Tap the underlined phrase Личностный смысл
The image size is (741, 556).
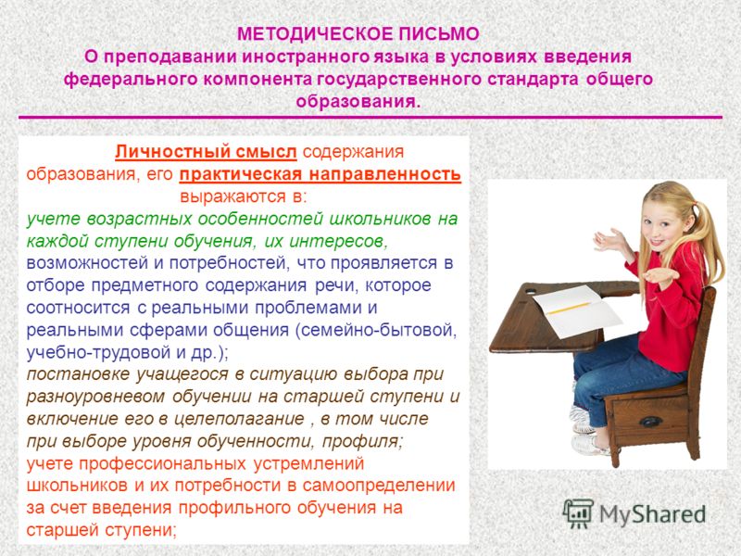tap(206, 152)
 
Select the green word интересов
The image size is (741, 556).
tap(338, 241)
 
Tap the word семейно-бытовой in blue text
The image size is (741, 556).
tap(376, 330)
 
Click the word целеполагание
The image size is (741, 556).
tap(239, 419)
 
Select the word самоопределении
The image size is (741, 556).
tap(379, 486)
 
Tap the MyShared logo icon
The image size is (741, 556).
tap(578, 513)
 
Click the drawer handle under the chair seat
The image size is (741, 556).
tap(650, 422)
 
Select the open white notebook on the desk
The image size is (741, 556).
tap(576, 310)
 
